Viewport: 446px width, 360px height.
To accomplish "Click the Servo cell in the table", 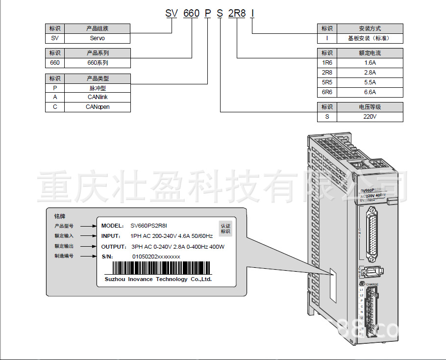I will point(97,38).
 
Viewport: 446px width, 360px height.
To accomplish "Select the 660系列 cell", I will point(97,63).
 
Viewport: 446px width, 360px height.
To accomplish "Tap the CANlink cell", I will point(97,97).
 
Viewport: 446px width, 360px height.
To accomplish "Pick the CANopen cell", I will point(97,106).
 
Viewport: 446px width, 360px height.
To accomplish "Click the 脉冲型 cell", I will point(97,88).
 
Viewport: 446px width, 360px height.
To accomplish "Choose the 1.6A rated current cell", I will point(370,63).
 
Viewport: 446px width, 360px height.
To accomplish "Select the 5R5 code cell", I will point(327,82).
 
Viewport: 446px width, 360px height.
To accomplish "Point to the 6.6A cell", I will point(370,92).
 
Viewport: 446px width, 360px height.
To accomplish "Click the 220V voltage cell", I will point(370,117).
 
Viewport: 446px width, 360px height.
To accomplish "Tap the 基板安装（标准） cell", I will point(370,38).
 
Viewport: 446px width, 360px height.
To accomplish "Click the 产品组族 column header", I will point(97,28).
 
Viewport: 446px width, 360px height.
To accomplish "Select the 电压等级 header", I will point(370,107).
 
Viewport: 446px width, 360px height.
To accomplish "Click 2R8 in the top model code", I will point(237,13).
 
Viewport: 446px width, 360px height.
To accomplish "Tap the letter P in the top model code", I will point(207,13).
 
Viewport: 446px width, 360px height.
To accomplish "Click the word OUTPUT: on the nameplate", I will point(114,246).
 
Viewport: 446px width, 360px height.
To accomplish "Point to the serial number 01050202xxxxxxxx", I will point(156,257).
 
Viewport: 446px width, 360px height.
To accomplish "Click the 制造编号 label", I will point(64,256).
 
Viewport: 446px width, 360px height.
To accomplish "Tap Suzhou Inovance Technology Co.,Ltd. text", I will point(158,279).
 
